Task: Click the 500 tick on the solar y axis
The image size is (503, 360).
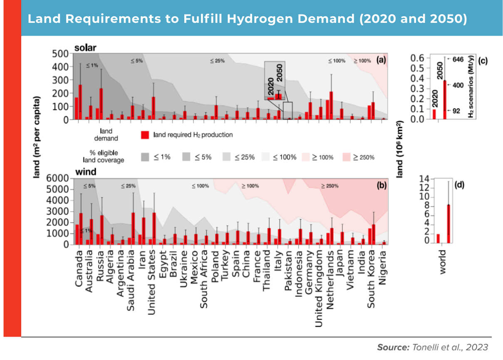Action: pos(60,54)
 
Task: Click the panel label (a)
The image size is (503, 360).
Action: pos(381,60)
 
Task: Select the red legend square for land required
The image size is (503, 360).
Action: pos(145,135)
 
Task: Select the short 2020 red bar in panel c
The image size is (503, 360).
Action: pos(434,114)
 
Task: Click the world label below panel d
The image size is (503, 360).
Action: pos(442,262)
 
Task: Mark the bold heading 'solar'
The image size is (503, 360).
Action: pos(85,48)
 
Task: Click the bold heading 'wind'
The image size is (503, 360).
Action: pos(85,172)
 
